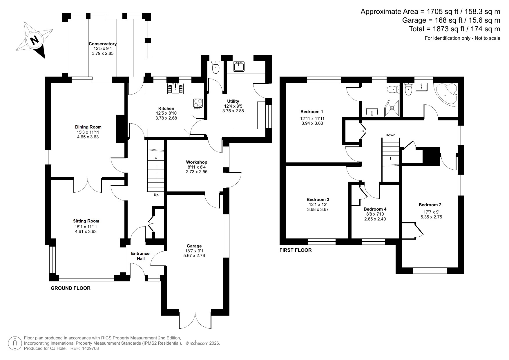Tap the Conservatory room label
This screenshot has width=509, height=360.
click(x=103, y=44)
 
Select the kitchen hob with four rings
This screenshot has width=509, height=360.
click(x=198, y=104)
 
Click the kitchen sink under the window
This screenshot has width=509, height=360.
click(x=175, y=88)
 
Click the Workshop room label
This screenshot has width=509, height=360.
click(x=197, y=162)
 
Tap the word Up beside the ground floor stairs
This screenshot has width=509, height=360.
click(x=156, y=195)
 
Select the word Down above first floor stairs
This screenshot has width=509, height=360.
click(x=390, y=135)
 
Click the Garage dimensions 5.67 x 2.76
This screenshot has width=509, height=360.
click(x=194, y=256)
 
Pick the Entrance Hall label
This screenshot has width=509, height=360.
click(x=140, y=256)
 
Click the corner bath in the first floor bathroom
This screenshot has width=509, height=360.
click(x=447, y=94)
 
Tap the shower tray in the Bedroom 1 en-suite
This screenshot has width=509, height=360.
click(x=392, y=108)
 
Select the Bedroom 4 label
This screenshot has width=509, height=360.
click(x=375, y=209)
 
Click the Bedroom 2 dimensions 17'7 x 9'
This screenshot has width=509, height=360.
click(x=431, y=212)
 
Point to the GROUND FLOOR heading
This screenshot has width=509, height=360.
click(x=70, y=288)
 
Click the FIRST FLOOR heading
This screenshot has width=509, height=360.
click(x=296, y=250)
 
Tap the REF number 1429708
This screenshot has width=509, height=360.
click(x=90, y=348)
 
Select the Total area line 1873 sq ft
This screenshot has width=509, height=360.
click(x=454, y=29)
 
